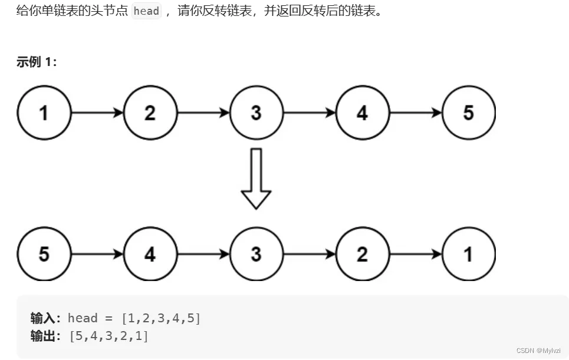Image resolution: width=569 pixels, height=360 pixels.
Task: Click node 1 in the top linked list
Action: pyautogui.click(x=44, y=113)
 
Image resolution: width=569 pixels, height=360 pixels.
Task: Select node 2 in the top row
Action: pyautogui.click(x=150, y=113)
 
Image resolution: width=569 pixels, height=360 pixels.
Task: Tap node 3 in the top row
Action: pyautogui.click(x=256, y=113)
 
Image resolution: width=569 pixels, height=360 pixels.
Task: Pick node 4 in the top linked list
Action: pyautogui.click(x=362, y=113)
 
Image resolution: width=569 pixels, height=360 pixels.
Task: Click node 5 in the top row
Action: pyautogui.click(x=468, y=113)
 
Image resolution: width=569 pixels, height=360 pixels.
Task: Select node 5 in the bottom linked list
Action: pyautogui.click(x=44, y=254)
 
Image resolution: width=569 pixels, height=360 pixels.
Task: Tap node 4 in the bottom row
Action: pyautogui.click(x=150, y=254)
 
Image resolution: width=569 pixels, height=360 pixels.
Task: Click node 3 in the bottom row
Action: pyautogui.click(x=256, y=254)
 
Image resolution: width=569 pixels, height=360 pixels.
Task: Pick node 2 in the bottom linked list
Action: pyautogui.click(x=362, y=254)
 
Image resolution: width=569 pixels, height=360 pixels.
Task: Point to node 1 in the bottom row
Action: pyautogui.click(x=468, y=254)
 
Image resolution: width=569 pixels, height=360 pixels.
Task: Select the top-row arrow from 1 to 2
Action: pyautogui.click(x=97, y=113)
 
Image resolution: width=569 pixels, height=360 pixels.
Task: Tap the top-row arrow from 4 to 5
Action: pyautogui.click(x=415, y=113)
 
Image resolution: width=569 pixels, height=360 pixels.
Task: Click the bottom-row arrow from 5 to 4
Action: pyautogui.click(x=97, y=254)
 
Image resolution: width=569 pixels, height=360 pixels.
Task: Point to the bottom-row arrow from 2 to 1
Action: pyautogui.click(x=415, y=254)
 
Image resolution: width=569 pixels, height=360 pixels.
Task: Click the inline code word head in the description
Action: pyautogui.click(x=147, y=11)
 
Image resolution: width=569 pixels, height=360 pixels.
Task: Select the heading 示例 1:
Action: pyautogui.click(x=37, y=62)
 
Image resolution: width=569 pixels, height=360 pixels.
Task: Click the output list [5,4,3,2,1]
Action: pyautogui.click(x=108, y=336)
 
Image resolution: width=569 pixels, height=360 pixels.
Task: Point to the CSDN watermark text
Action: pyautogui.click(x=538, y=350)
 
